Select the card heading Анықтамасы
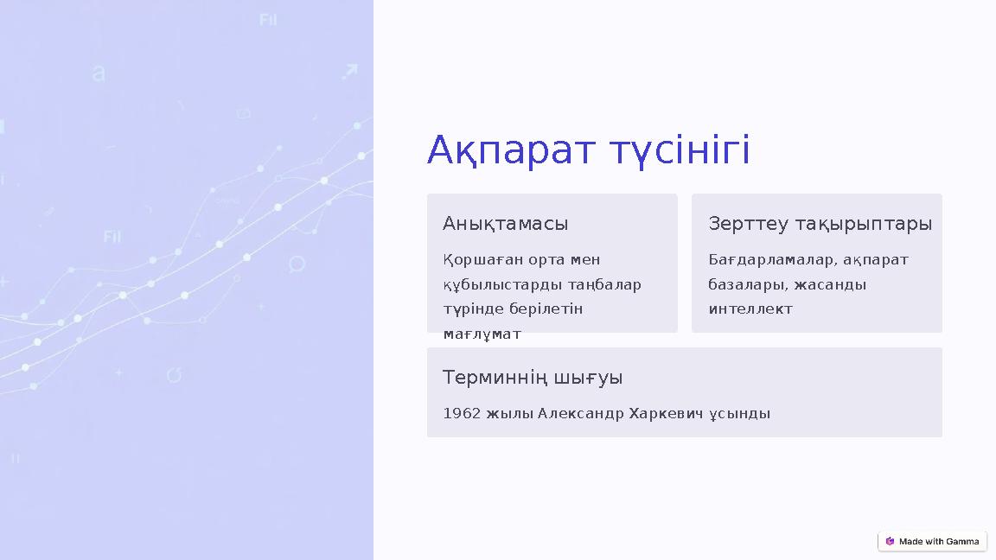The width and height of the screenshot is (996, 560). pyautogui.click(x=505, y=224)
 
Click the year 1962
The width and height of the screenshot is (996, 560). pyautogui.click(x=462, y=414)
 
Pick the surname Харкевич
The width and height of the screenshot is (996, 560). pyautogui.click(x=661, y=414)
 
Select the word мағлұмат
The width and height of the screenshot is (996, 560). pyautogui.click(x=482, y=334)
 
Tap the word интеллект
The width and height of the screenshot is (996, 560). pyautogui.click(x=750, y=309)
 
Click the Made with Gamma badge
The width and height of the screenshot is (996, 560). pyautogui.click(x=932, y=542)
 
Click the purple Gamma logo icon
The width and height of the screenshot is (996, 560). pyautogui.click(x=890, y=542)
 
